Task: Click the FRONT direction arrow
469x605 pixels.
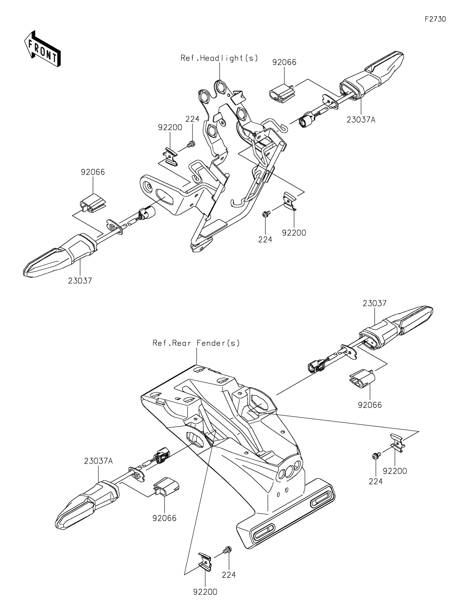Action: (42, 49)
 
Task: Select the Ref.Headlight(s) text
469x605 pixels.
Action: (219, 58)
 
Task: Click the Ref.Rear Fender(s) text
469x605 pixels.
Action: (196, 343)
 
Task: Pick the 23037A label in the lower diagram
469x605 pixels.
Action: (98, 461)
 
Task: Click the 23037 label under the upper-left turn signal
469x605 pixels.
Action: (80, 280)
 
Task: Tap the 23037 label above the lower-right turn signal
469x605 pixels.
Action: (374, 303)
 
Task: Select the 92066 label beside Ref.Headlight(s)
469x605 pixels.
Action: (284, 62)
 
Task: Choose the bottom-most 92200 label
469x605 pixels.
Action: (205, 592)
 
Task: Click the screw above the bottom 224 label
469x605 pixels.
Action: (228, 549)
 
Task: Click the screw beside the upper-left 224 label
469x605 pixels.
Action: (191, 144)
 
